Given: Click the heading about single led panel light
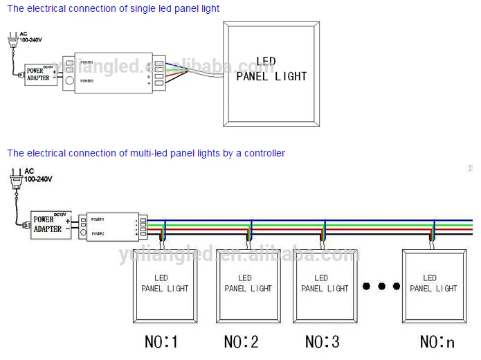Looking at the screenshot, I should [x=113, y=9].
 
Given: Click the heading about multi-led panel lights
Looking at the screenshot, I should [x=146, y=153].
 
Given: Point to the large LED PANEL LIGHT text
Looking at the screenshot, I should [x=271, y=69].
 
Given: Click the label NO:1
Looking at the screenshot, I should [x=161, y=341].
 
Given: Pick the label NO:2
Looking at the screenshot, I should [x=242, y=341].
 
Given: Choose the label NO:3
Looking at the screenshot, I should [x=323, y=341].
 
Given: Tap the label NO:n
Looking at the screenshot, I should [x=437, y=341].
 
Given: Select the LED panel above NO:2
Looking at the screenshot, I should [x=246, y=285].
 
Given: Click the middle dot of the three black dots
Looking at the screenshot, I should [x=381, y=285].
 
